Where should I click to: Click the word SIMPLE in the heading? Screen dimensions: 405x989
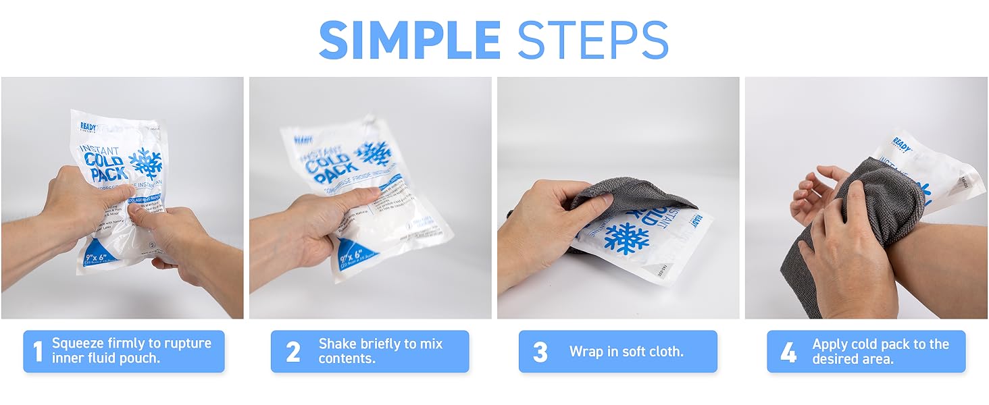pyautogui.click(x=409, y=40)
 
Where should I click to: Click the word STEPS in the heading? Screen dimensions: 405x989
pyautogui.click(x=593, y=40)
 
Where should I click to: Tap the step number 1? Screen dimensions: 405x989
pyautogui.click(x=38, y=352)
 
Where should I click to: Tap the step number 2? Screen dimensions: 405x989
pyautogui.click(x=293, y=352)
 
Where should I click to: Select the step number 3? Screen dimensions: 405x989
pyautogui.click(x=540, y=352)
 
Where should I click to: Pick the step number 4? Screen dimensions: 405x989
pyautogui.click(x=788, y=352)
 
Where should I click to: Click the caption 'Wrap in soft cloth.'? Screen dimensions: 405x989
pyautogui.click(x=626, y=352)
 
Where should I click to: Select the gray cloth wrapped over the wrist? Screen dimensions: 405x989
pyautogui.click(x=871, y=202)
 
